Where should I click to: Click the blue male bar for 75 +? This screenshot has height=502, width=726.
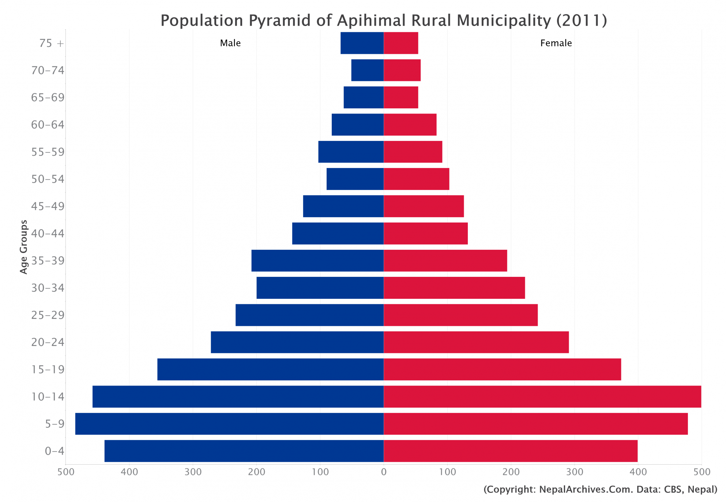coord(362,43)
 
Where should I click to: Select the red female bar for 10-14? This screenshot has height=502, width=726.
coord(542,397)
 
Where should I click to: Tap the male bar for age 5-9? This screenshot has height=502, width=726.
coord(229,424)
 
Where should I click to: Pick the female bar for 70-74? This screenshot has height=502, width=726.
coord(402,70)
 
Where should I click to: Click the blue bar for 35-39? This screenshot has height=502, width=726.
coord(317,261)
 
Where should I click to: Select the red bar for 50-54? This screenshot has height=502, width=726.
coord(416,179)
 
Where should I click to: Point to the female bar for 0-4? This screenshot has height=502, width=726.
coord(511,451)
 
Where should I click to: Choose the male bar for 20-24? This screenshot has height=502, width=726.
coord(297,342)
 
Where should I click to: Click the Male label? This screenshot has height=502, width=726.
coord(230,43)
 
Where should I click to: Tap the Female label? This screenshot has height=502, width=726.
coord(556,43)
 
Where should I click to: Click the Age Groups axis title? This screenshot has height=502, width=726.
coord(24,247)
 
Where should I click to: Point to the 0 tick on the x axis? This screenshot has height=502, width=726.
coord(384,472)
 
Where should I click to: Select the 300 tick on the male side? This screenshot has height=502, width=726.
coord(193,472)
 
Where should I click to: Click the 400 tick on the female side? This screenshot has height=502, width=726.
coord(638,472)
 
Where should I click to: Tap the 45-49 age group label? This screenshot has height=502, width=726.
coord(48,207)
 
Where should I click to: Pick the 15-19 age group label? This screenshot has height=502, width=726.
coord(48,369)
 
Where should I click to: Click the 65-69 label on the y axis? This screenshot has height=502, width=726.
coord(48,98)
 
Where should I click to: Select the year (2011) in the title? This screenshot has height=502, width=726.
coord(582,21)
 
